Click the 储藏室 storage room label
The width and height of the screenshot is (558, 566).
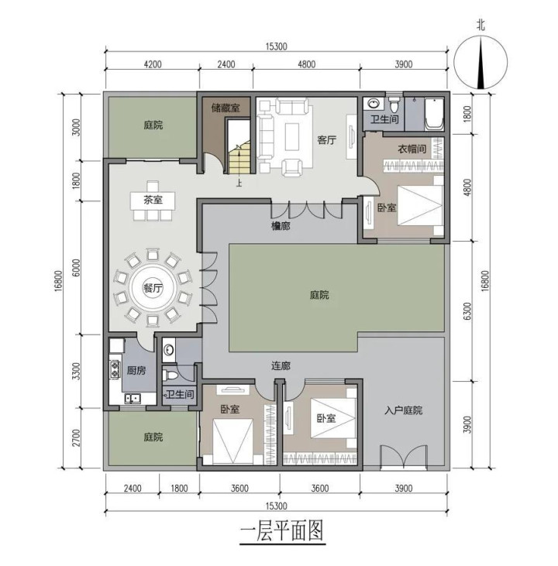[226, 108]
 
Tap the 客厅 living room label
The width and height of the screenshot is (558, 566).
[327, 139]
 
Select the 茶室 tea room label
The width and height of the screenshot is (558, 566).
[153, 200]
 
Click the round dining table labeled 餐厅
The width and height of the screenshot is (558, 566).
[153, 288]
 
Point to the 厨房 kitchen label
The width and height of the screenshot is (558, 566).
[136, 370]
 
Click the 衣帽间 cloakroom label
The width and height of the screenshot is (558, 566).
[412, 149]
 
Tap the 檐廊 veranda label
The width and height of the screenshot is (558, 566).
[281, 226]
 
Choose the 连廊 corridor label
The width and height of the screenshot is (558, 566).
[281, 366]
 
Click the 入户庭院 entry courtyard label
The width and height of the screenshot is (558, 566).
[403, 410]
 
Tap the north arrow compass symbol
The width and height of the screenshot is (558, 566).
[480, 62]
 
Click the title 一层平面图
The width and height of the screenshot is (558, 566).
[282, 530]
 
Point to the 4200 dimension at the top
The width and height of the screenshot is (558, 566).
[153, 64]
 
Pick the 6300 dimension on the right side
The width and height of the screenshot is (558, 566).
[467, 311]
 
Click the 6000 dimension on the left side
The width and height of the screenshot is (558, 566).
[76, 268]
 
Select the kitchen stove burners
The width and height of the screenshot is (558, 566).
[115, 369]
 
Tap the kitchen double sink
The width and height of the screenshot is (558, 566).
[133, 399]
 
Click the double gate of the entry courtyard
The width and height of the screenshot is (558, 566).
[403, 458]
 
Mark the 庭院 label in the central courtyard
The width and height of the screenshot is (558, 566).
[319, 295]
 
